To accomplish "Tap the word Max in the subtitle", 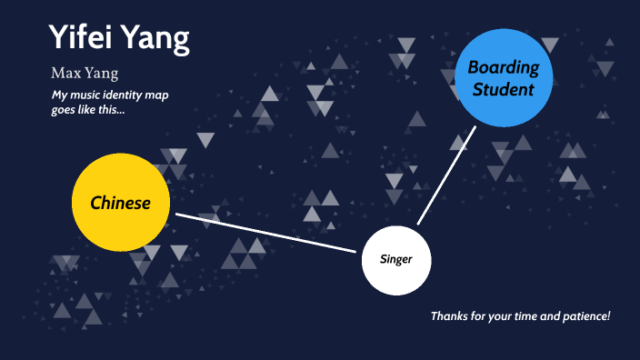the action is tap(66, 74).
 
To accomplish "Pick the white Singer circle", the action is tap(396, 260).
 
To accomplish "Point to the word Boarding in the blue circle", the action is tap(503, 67).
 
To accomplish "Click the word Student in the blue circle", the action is tap(503, 90).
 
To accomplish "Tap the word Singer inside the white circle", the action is tap(396, 260).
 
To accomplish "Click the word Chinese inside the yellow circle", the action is tap(120, 203).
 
